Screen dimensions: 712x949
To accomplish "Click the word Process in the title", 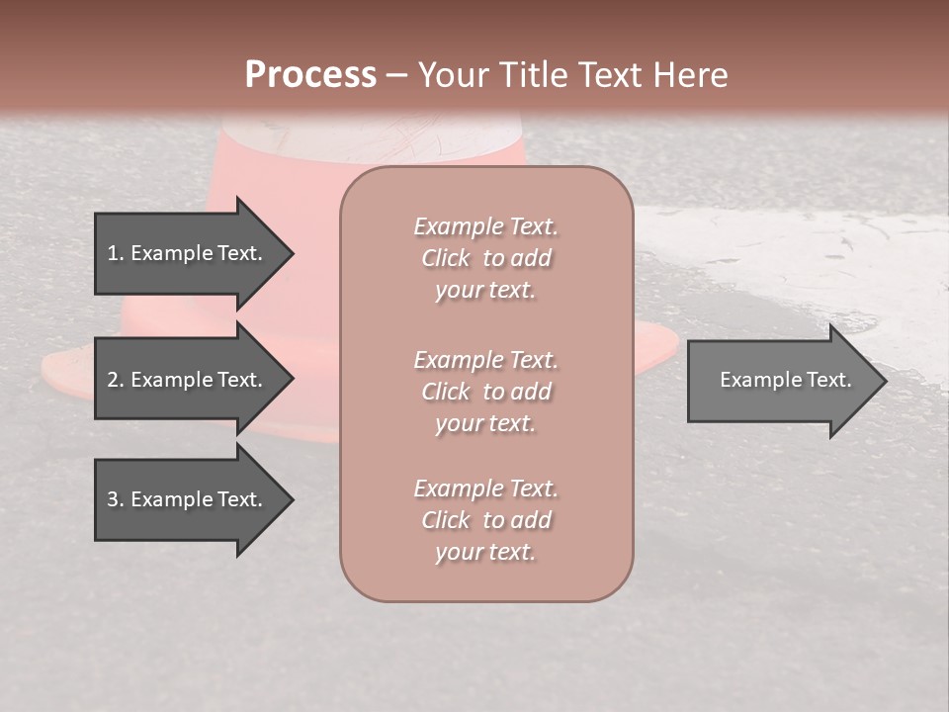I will (x=310, y=75).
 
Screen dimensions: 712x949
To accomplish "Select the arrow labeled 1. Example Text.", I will (x=188, y=253).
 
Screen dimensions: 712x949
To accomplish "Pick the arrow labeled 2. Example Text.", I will (x=188, y=380).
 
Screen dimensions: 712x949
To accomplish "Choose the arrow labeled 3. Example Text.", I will (x=188, y=499).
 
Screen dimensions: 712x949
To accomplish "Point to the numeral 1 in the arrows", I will (x=113, y=253).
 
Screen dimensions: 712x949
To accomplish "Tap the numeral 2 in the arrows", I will (x=113, y=380).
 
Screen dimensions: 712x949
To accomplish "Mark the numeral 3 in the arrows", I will (x=113, y=499).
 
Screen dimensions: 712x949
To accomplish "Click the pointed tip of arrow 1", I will (x=291, y=253).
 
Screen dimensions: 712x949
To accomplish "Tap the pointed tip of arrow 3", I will (x=291, y=499).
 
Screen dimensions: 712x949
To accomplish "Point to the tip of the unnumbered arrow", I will (x=884, y=381).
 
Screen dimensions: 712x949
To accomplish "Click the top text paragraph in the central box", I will (x=485, y=258).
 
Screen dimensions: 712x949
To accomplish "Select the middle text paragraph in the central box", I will (x=485, y=392).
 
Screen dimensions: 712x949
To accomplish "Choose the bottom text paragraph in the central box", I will (x=485, y=520).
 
